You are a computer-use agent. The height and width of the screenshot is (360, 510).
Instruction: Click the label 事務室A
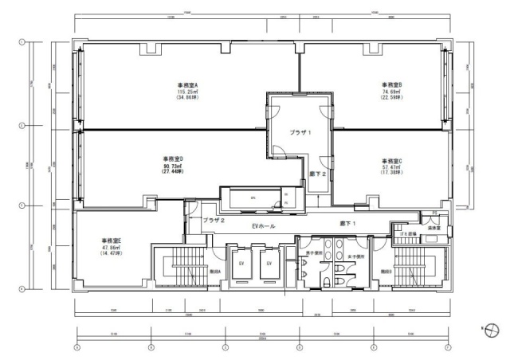click(x=187, y=84)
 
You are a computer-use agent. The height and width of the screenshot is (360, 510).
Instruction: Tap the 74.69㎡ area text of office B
click(x=390, y=92)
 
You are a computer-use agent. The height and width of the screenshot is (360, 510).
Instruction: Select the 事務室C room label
click(x=390, y=160)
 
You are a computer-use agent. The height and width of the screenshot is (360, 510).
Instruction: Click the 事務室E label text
click(x=111, y=240)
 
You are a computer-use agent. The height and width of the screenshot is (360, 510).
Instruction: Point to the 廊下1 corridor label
click(x=347, y=223)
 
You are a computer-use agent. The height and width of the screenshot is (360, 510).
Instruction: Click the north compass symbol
click(x=492, y=327)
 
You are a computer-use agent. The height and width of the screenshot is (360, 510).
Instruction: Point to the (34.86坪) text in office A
click(x=187, y=99)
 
